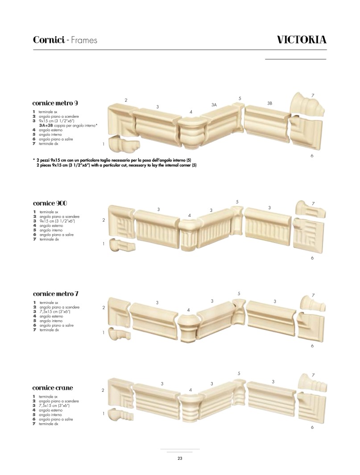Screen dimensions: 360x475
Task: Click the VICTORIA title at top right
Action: (302, 40)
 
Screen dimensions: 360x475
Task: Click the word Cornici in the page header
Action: (49, 40)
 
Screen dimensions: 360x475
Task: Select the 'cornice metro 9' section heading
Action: (55, 103)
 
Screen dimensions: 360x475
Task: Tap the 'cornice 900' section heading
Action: (50, 203)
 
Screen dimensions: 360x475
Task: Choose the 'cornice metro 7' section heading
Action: (56, 293)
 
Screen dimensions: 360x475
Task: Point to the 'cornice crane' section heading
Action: (53, 388)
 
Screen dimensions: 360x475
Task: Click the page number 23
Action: (180, 458)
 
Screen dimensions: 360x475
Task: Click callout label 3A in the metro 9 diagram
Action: (214, 105)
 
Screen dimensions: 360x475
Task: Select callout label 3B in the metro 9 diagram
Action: (270, 103)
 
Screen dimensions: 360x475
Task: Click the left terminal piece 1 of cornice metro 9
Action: (123, 145)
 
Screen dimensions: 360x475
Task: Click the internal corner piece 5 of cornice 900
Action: (237, 220)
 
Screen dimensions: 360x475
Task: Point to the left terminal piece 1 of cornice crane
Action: (120, 414)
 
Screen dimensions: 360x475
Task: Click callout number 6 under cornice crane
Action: (312, 427)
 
